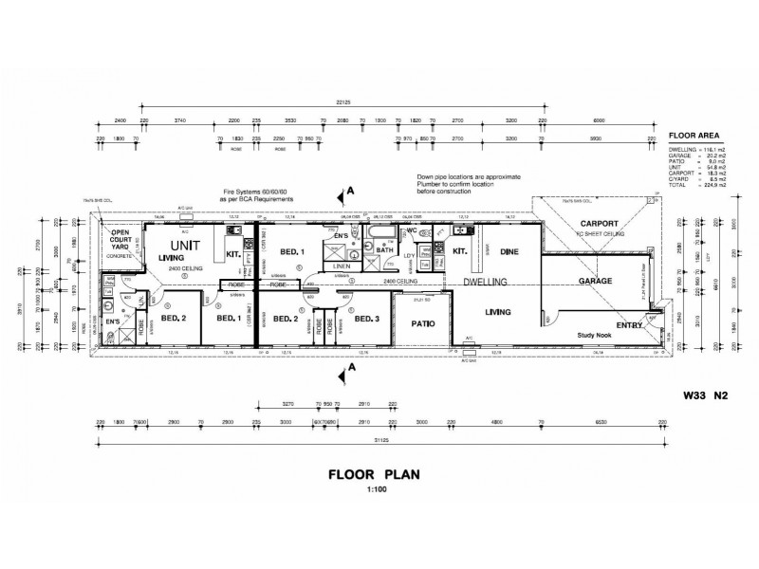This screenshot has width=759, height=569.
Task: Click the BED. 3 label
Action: [x=368, y=319]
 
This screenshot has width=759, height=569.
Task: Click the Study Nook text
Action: [x=597, y=335]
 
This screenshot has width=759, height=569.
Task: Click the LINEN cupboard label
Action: [x=340, y=266]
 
